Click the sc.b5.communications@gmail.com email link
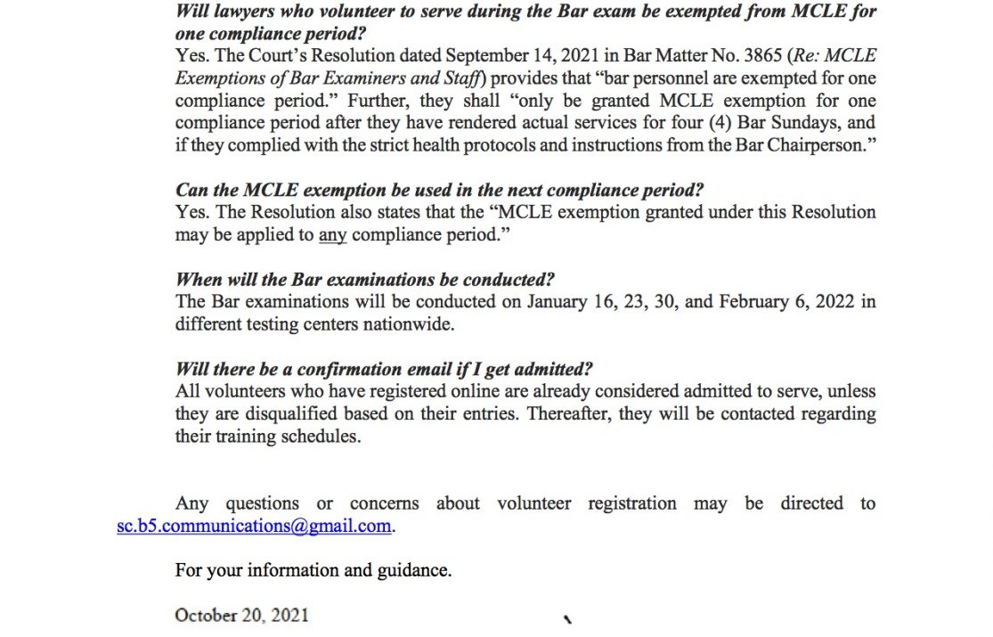[x=254, y=526]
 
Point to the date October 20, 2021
[x=241, y=615]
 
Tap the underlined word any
[x=332, y=236]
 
